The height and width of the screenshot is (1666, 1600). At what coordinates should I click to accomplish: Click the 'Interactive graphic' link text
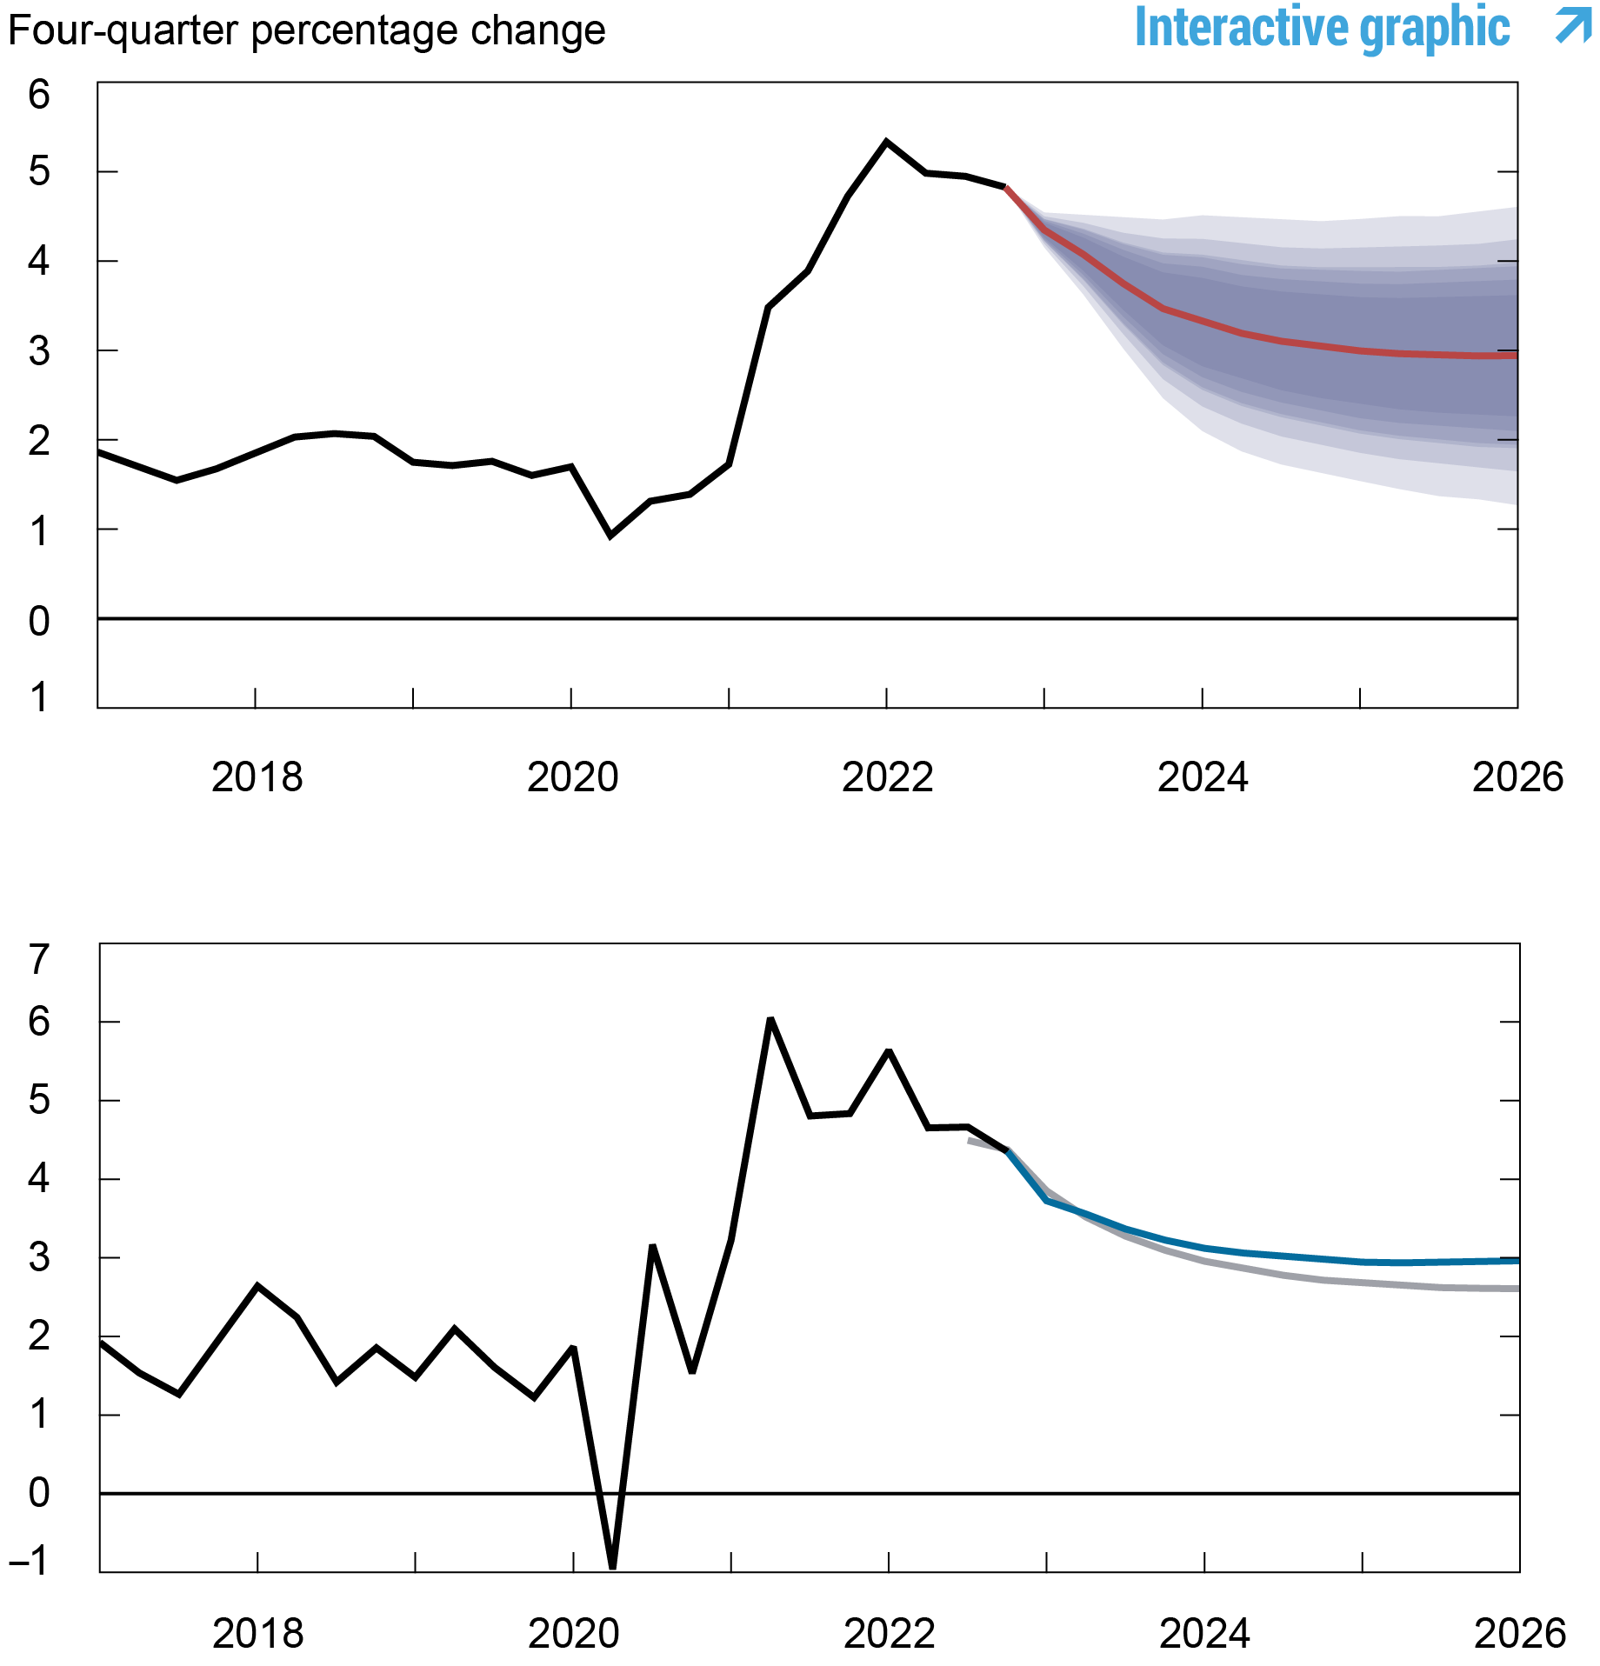pos(1322,28)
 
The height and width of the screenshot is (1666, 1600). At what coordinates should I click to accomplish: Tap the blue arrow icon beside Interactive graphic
pos(1572,24)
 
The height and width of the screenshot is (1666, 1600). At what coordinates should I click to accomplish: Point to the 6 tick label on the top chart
pos(39,94)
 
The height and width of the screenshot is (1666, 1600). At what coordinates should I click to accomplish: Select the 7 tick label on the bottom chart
pos(39,960)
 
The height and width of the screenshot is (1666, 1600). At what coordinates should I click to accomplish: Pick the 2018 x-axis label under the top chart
pos(257,776)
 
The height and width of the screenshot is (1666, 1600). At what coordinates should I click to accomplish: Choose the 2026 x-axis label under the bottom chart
pos(1519,1634)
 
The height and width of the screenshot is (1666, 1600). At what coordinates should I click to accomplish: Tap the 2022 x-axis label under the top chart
pos(887,776)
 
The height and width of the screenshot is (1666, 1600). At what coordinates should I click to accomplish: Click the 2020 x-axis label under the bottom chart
pos(573,1634)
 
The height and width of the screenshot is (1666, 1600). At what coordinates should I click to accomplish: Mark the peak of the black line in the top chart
pos(886,142)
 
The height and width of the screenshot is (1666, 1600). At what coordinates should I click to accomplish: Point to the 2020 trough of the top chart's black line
pos(610,536)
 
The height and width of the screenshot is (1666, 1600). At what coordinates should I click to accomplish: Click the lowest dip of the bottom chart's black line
pos(613,1566)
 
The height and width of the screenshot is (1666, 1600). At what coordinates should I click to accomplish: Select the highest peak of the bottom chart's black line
pos(770,1019)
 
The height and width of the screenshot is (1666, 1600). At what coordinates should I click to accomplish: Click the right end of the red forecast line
pos(1515,356)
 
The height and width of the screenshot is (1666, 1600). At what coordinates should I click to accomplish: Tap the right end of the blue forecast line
pos(1517,1260)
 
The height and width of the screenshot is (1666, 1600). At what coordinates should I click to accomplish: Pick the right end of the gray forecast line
pos(1517,1289)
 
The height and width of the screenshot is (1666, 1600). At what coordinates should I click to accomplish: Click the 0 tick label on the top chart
pos(39,621)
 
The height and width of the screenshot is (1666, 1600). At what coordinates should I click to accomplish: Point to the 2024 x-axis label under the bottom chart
pos(1204,1634)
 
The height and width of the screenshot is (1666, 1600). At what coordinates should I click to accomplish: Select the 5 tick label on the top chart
pos(39,171)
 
